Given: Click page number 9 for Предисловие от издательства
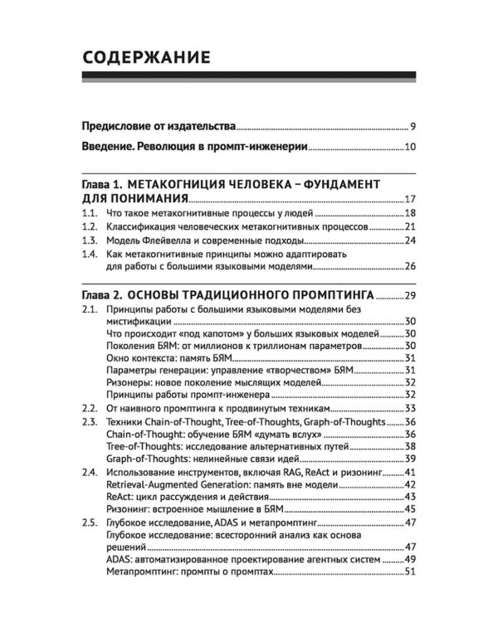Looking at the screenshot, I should pyautogui.click(x=413, y=127).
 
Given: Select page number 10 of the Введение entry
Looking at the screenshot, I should pyautogui.click(x=410, y=148).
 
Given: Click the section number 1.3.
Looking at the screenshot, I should pyautogui.click(x=90, y=241).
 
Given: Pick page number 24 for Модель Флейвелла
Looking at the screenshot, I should pyautogui.click(x=409, y=241).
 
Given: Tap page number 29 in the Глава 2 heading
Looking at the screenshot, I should pyautogui.click(x=409, y=294).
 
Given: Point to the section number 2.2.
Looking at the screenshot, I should pyautogui.click(x=90, y=409).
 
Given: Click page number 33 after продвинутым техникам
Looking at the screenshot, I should pyautogui.click(x=409, y=409).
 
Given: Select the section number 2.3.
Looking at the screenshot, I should pyautogui.click(x=90, y=422).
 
